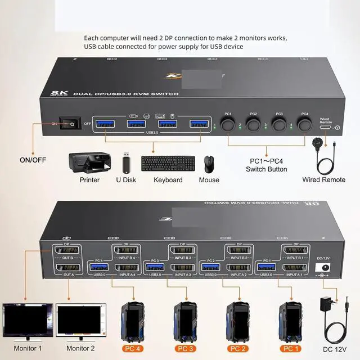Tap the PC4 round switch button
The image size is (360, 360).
[304, 125]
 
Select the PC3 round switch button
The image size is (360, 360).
[279, 125]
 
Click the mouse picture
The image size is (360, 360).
[209, 164]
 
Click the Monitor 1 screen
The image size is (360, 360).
[28, 321]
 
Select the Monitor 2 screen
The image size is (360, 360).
[80, 321]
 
